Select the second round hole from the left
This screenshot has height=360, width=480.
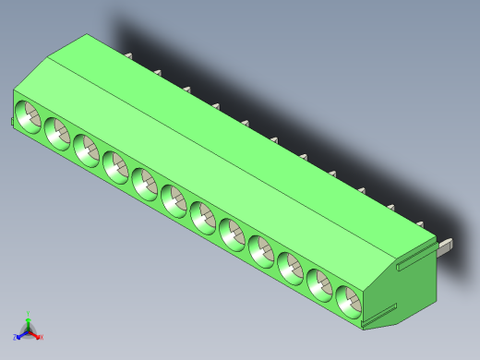click(56, 131)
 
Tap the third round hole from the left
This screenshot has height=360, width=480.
click(86, 147)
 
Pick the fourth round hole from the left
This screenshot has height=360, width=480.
click(114, 165)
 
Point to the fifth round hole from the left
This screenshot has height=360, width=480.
click(144, 181)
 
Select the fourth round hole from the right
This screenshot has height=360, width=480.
click(260, 248)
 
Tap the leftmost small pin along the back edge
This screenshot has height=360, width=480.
click(128, 57)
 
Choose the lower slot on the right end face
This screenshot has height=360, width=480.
click(379, 317)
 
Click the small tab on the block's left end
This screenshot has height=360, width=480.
click(12, 121)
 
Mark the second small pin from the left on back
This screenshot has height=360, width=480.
click(158, 73)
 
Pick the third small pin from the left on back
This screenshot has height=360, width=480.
click(187, 90)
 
